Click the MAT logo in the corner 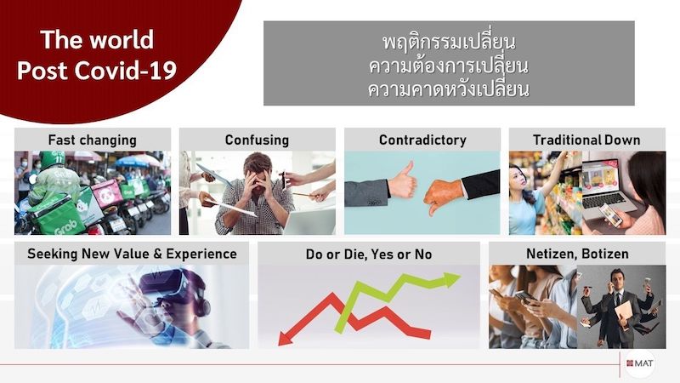pos(640,363)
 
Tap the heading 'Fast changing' pos(93,140)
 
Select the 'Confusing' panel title pos(257,140)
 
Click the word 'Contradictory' pos(422,140)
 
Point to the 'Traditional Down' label pos(586,140)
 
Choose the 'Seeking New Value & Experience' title pos(132,254)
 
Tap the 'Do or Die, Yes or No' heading pos(369,254)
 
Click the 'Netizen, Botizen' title pos(577,254)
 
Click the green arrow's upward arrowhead pos(450,279)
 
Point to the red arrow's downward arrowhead pos(286,338)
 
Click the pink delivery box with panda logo pos(107,193)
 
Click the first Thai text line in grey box pos(449,42)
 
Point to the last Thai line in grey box pos(449,89)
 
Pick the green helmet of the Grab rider pos(52,159)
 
